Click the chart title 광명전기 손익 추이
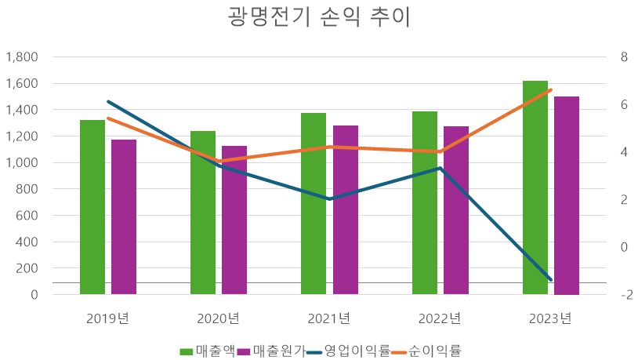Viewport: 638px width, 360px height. pyautogui.click(x=319, y=18)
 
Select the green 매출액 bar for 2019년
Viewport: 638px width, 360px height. pyautogui.click(x=92, y=208)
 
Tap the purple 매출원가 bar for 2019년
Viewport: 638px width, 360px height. pyautogui.click(x=124, y=217)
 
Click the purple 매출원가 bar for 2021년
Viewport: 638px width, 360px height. pyautogui.click(x=345, y=210)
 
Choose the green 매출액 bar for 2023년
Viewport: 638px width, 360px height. pyautogui.click(x=535, y=188)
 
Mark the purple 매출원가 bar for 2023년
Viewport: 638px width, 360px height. pyautogui.click(x=567, y=196)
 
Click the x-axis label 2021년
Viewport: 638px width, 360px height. pyautogui.click(x=329, y=318)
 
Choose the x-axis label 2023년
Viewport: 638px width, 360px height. pyautogui.click(x=550, y=318)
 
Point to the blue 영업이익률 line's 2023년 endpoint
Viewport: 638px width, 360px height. pyautogui.click(x=550, y=279)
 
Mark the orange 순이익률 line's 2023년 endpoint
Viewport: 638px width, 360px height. pyautogui.click(x=550, y=90)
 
